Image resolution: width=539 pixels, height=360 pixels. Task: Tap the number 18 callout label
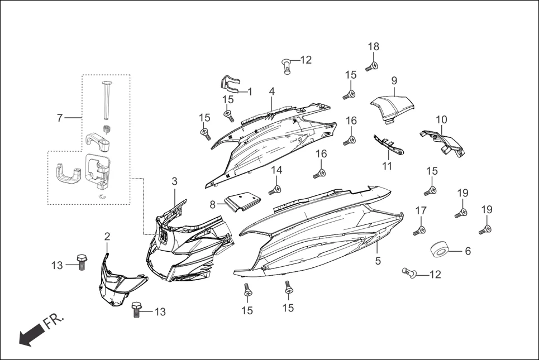[374, 46]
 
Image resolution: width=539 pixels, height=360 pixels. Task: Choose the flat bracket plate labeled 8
[242, 201]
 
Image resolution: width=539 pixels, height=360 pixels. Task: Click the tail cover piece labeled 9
[393, 107]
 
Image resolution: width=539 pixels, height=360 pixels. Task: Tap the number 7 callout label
[59, 118]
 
